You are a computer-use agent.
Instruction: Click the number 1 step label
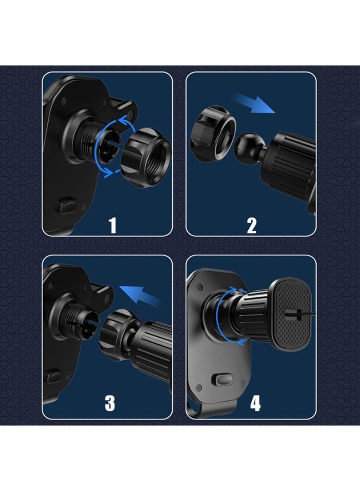[112, 225]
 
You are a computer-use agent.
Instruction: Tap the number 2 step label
[251, 225]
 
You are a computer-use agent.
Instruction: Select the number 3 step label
[110, 403]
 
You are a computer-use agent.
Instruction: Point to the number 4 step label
[255, 403]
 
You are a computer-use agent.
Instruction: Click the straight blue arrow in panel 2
[254, 104]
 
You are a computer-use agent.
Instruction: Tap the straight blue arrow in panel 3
[141, 295]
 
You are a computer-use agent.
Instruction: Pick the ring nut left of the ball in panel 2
[213, 130]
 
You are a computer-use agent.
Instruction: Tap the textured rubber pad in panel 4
[292, 314]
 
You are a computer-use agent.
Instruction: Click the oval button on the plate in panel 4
[221, 380]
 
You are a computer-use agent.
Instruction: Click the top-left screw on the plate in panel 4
[200, 287]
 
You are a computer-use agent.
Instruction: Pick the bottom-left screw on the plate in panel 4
[199, 388]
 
